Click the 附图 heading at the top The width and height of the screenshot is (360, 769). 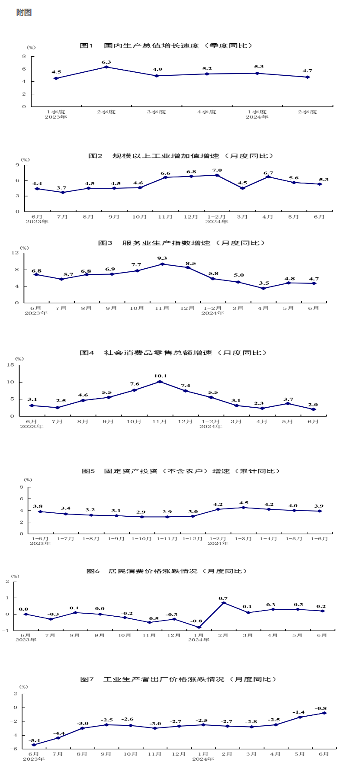coord(24,13)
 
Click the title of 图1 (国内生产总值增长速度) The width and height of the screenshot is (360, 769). coord(167,45)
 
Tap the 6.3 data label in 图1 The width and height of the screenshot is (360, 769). coord(106,62)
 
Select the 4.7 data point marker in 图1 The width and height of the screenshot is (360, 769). coord(308,77)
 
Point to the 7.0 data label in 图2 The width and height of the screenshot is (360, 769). coord(217,171)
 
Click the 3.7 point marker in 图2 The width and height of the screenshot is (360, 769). coord(63,192)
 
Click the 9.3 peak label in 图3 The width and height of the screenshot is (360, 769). coord(162,258)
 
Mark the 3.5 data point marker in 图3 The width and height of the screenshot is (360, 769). coord(263,288)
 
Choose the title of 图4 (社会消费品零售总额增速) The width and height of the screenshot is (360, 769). coord(173,353)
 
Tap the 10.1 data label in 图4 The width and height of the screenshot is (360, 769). coord(160,376)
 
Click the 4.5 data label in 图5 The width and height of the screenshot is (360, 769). coord(244,503)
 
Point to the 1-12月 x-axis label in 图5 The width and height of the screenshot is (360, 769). coord(193,539)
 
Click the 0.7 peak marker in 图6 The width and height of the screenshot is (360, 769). coord(224,603)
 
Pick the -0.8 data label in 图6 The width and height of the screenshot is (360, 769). coord(197,621)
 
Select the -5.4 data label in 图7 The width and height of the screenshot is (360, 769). coord(34,740)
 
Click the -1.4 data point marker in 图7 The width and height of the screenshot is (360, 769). coord(300,717)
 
